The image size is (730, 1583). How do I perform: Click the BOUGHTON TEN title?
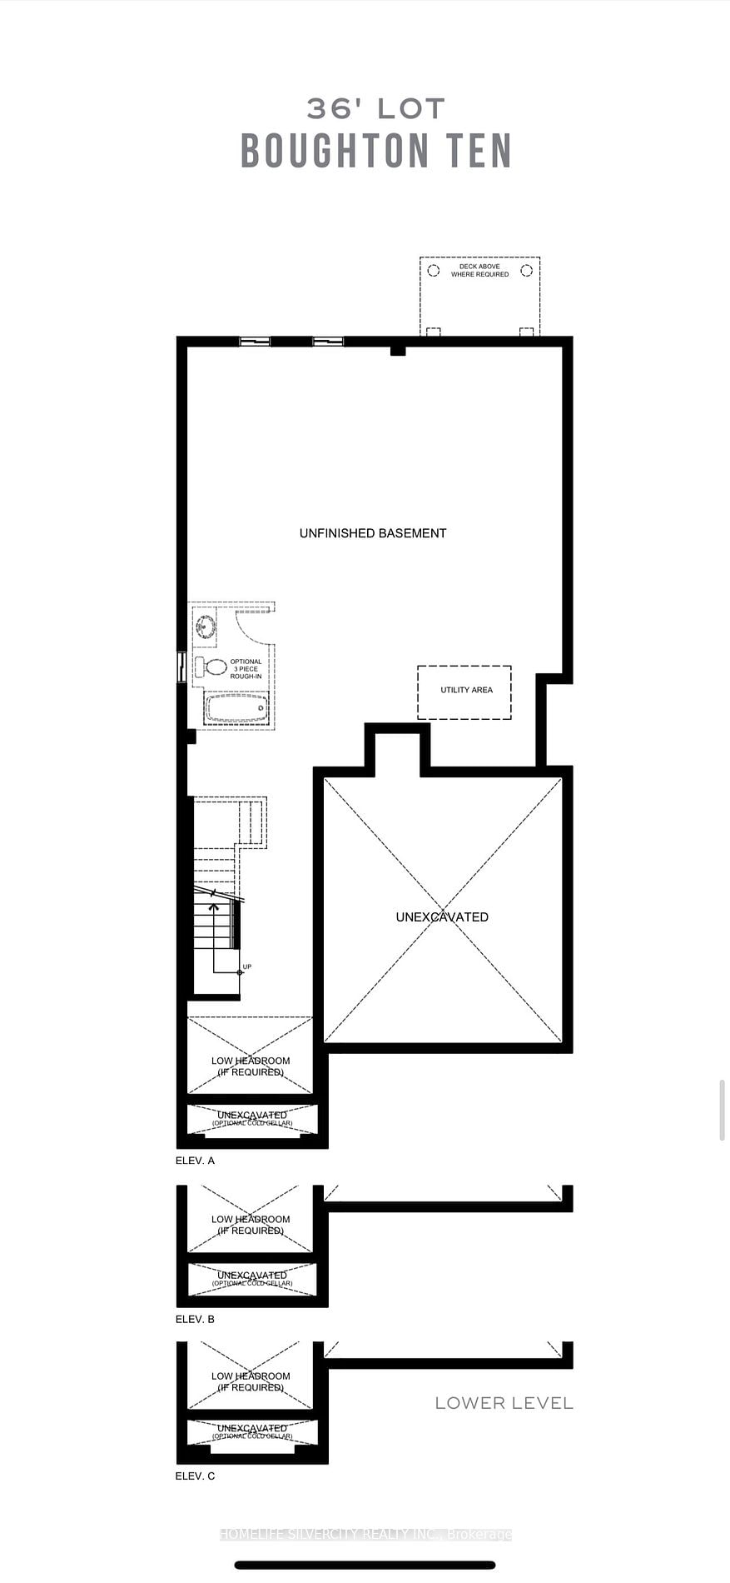pyautogui.click(x=375, y=151)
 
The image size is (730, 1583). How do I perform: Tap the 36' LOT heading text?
pyautogui.click(x=375, y=108)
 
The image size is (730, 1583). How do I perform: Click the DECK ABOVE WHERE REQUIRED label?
pyautogui.click(x=479, y=271)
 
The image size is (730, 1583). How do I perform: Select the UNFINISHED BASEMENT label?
pyautogui.click(x=373, y=533)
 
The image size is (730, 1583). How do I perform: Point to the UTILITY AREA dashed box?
pyautogui.click(x=464, y=692)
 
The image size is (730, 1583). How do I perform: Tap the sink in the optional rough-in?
pyautogui.click(x=206, y=627)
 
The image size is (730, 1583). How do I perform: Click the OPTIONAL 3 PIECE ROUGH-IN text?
pyautogui.click(x=246, y=669)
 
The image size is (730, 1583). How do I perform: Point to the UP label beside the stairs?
pyautogui.click(x=247, y=966)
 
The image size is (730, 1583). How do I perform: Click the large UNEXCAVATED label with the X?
pyautogui.click(x=442, y=916)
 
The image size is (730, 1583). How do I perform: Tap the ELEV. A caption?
pyautogui.click(x=195, y=1161)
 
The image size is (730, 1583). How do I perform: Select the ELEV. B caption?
pyautogui.click(x=195, y=1319)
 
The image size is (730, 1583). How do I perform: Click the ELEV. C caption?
pyautogui.click(x=195, y=1476)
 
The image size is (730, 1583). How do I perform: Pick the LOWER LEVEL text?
pyautogui.click(x=504, y=1403)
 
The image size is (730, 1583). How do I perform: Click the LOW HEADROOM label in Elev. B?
pyautogui.click(x=251, y=1225)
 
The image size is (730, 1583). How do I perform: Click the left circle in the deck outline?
pyautogui.click(x=433, y=271)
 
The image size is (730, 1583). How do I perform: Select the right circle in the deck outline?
pyautogui.click(x=526, y=271)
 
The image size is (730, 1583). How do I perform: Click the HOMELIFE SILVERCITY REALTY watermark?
pyautogui.click(x=365, y=1535)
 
